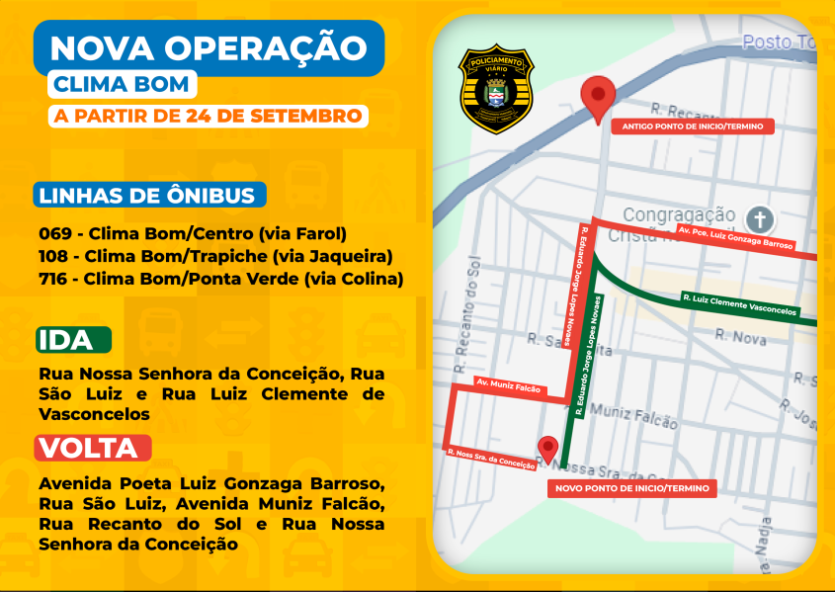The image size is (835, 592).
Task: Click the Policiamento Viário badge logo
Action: click(495, 88)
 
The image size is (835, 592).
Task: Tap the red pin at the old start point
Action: click(597, 97)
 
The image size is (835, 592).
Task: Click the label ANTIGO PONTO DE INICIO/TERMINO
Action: click(691, 127)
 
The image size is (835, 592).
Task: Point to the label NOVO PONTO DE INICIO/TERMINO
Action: click(631, 488)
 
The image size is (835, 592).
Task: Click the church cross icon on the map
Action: click(759, 218)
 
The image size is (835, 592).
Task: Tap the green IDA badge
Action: click(74, 340)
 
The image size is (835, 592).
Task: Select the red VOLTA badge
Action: click(93, 448)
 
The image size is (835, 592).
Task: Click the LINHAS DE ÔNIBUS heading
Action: click(150, 195)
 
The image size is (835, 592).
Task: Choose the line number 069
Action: click(54, 234)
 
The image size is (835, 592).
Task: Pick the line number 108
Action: click(54, 256)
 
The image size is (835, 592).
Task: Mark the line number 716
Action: click(54, 279)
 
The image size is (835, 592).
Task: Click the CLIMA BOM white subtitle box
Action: click(120, 84)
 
